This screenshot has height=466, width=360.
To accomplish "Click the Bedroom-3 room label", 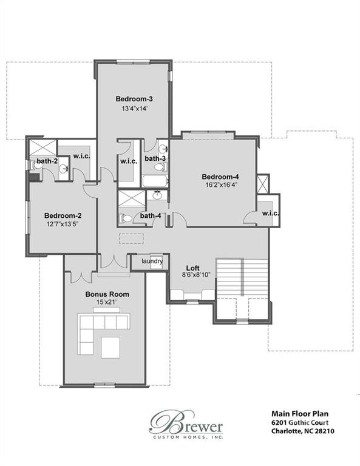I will pos(134,98).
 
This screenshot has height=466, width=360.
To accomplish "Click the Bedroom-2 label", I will pos(63,215).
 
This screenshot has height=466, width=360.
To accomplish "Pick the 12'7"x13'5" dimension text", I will pos(62,225).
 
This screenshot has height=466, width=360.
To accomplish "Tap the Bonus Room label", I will pos(107,294).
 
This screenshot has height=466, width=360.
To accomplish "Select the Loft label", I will pos(192,267).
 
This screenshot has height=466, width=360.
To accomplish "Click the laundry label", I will pos(152,262).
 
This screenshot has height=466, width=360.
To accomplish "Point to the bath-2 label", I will pos(47,161).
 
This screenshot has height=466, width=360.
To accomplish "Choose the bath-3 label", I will pos(155,159).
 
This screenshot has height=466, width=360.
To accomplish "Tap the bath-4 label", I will pos(151,215).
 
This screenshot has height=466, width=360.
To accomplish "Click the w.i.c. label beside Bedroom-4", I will pos(270,213).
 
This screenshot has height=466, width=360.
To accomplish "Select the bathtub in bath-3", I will pos(155,180).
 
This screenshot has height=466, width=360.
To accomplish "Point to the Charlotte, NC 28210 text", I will pos(302,431).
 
